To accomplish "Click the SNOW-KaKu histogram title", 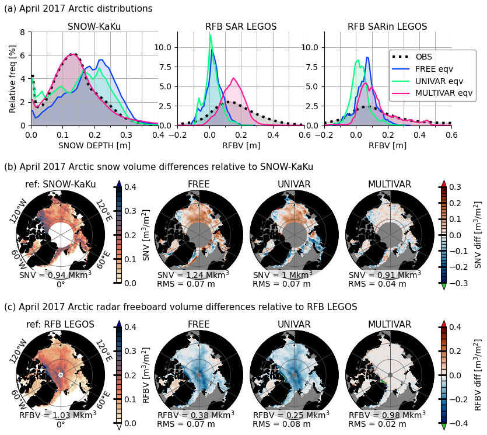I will (x=94, y=27).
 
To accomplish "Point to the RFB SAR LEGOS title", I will (x=241, y=27).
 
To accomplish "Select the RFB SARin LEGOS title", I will (x=387, y=27).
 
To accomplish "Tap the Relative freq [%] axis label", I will (x=13, y=78).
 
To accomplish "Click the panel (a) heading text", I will (x=78, y=9).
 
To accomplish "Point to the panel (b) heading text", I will (x=159, y=167).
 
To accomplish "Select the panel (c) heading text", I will (x=180, y=307).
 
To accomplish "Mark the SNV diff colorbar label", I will (x=478, y=235).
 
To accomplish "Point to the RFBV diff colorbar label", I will (x=478, y=375).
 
